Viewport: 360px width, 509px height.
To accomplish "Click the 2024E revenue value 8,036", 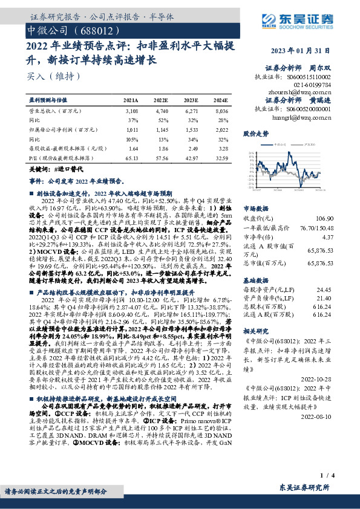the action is (221, 112).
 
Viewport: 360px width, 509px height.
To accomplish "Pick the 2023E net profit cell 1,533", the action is (190, 129).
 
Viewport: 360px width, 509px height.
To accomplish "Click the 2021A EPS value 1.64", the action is (133, 148).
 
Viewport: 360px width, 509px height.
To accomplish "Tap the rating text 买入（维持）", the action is (46, 77).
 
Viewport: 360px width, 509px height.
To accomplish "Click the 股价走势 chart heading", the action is (255, 133).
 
